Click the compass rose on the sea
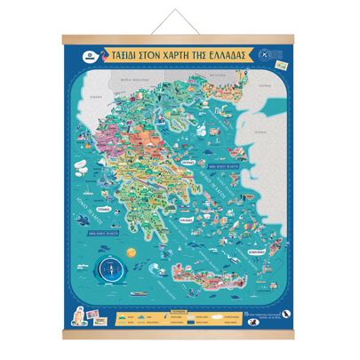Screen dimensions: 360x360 click(x=112, y=264)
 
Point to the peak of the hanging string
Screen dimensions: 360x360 click(x=180, y=11)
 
